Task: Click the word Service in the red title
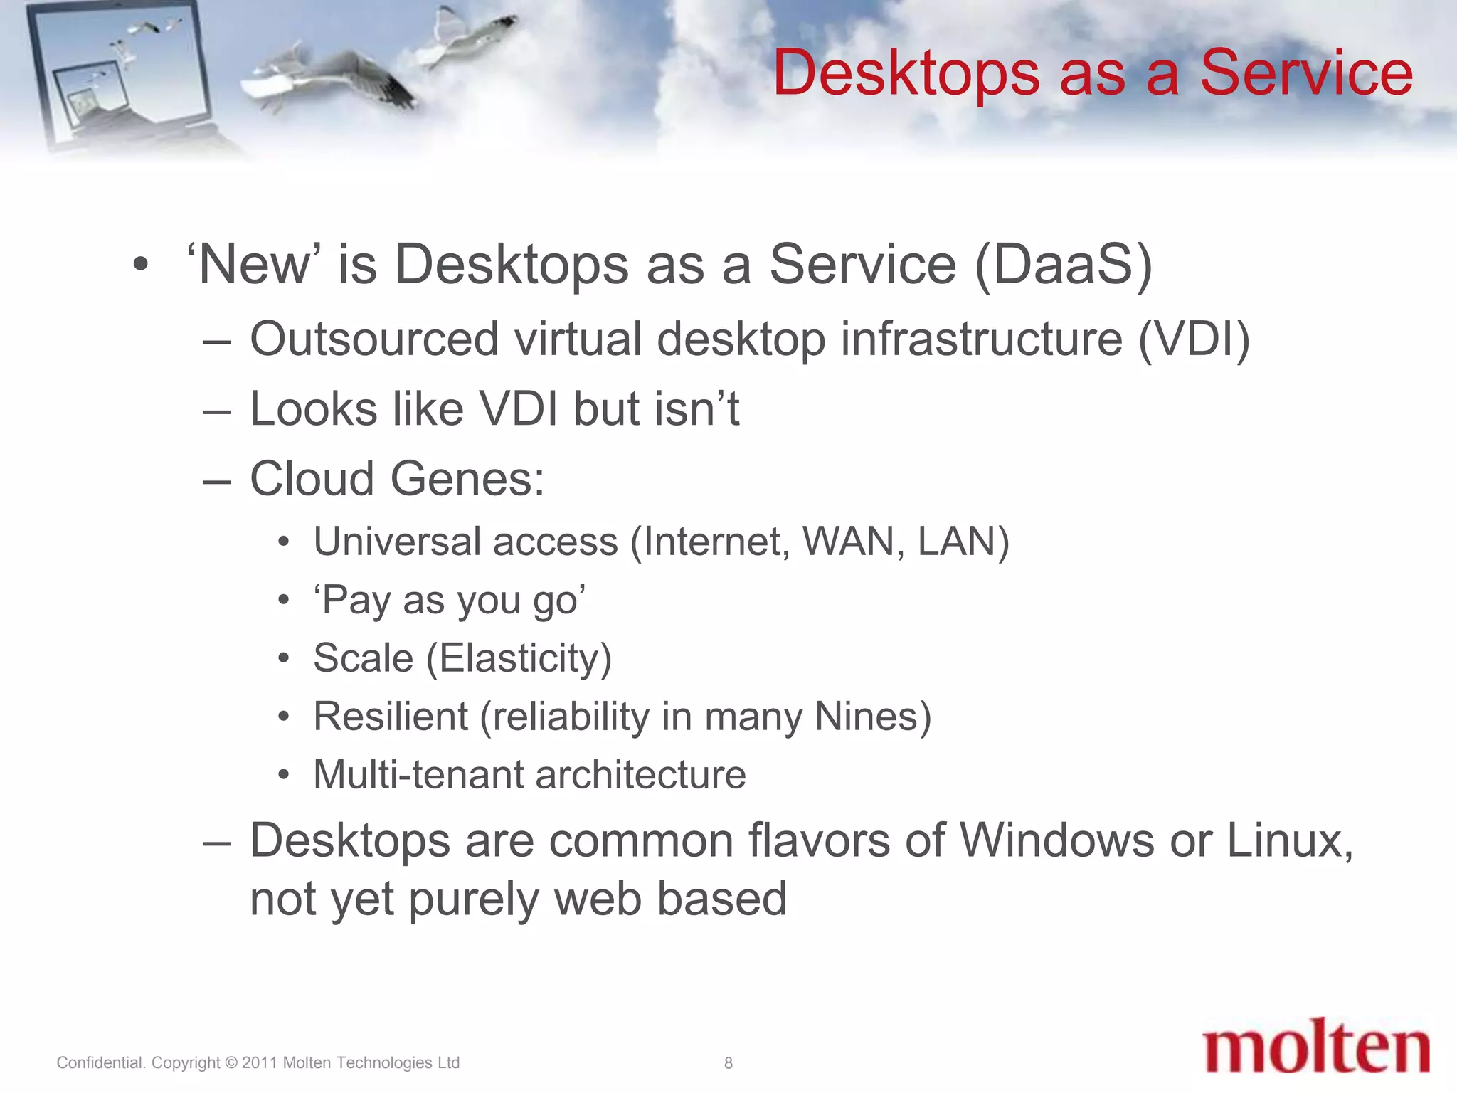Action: [x=1305, y=73]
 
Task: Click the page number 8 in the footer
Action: [x=728, y=1062]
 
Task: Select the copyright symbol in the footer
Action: [x=231, y=1062]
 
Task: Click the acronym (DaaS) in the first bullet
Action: [x=1063, y=265]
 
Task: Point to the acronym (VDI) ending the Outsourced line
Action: [x=1194, y=339]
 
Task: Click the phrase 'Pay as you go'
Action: [x=450, y=600]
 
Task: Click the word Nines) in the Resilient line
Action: [x=872, y=716]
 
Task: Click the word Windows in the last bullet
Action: [x=1056, y=841]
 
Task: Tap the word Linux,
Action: [x=1290, y=841]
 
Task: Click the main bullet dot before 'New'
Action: [x=141, y=265]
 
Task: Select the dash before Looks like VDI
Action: [x=216, y=411]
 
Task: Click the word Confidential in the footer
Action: [x=100, y=1062]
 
